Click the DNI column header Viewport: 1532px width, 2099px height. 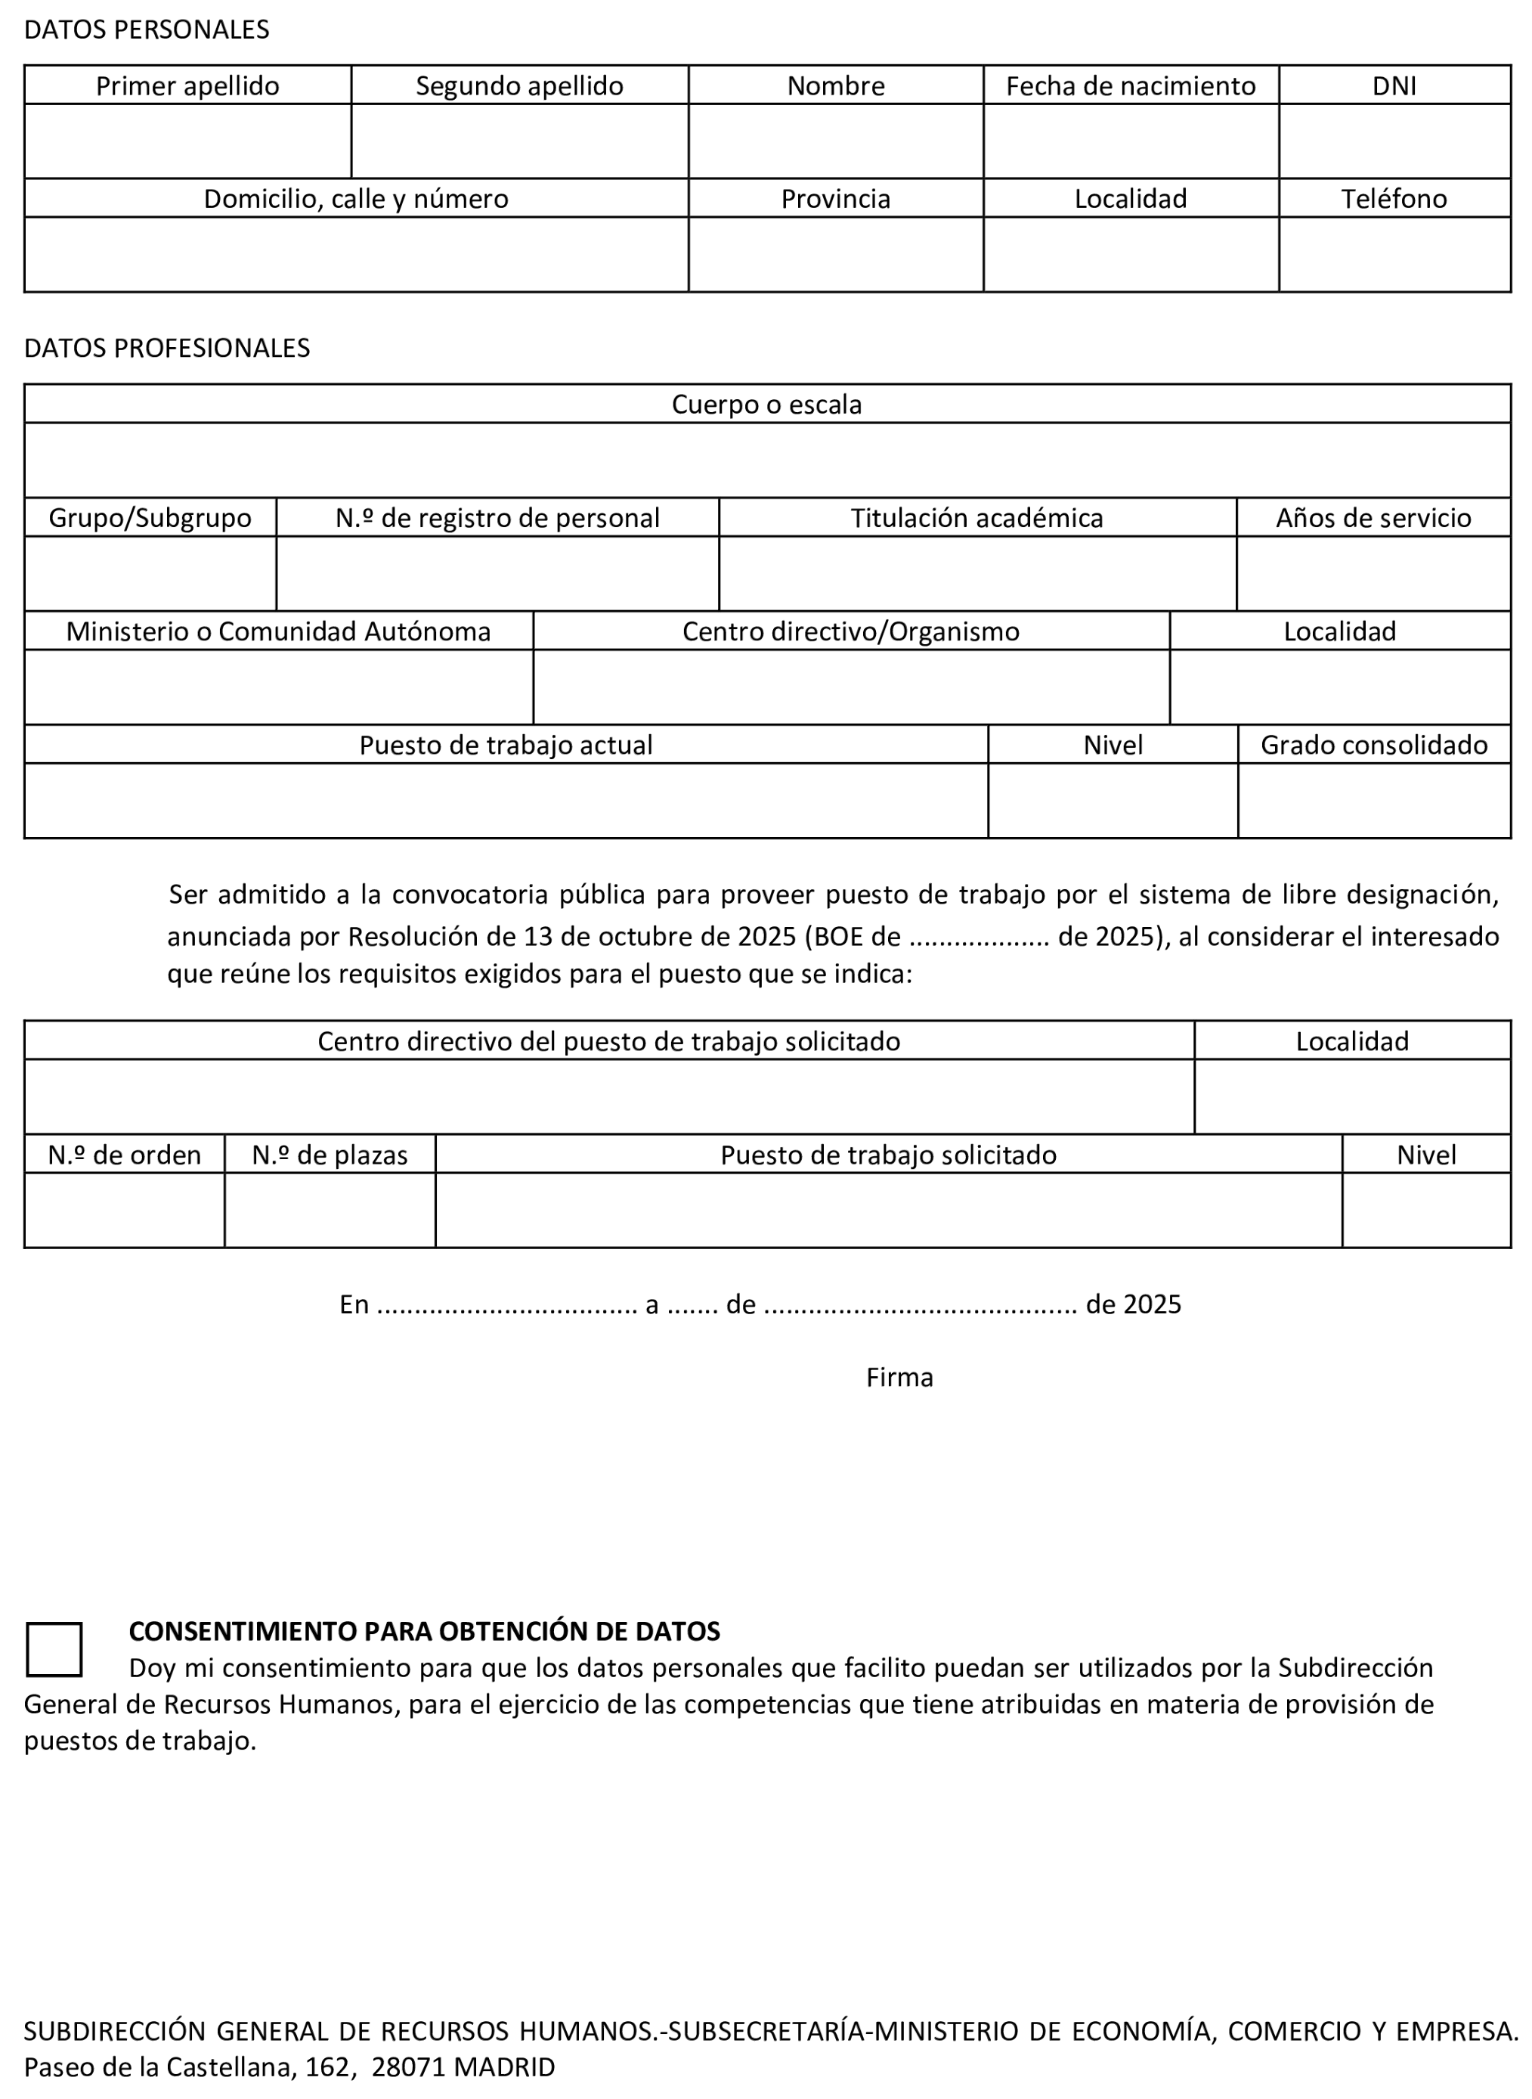[1394, 85]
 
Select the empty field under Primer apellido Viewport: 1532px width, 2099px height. [187, 141]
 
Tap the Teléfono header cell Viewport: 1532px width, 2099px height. [1394, 199]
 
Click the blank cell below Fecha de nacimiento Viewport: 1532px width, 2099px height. [1131, 141]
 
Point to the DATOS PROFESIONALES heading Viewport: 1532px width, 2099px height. [167, 348]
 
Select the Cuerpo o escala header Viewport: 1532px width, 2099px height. [766, 405]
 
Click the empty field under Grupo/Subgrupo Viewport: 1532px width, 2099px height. [150, 573]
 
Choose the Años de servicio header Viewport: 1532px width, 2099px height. [1373, 517]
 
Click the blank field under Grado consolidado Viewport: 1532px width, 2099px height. [1373, 801]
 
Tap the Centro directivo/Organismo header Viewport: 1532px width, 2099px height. [850, 631]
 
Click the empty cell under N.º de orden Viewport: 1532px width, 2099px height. [124, 1211]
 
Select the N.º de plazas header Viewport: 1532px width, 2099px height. [330, 1155]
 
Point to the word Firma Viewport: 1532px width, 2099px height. [899, 1378]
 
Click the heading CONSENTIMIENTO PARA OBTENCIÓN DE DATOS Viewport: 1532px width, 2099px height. [424, 1631]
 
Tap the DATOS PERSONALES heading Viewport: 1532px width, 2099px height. [147, 29]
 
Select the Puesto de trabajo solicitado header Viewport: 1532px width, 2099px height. [887, 1155]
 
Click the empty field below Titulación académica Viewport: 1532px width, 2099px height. [976, 573]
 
